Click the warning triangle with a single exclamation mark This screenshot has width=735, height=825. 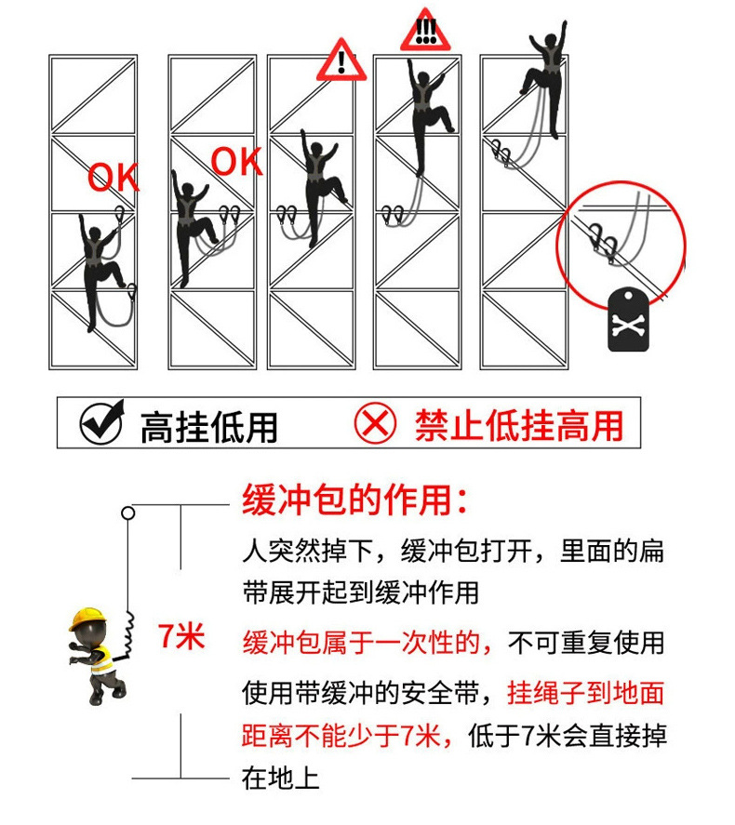point(341,60)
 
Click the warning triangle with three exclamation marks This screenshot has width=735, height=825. point(425,31)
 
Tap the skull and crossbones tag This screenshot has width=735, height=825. point(628,320)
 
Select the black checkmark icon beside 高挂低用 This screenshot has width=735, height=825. point(102,421)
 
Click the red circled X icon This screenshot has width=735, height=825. point(375,422)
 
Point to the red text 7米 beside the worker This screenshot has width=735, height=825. point(181,635)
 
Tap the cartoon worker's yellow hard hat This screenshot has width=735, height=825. point(87,619)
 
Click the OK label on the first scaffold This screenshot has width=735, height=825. point(114,177)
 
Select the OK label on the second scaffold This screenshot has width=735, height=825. point(236,161)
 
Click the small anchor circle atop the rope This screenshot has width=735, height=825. point(127,512)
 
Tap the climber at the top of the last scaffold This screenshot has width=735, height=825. point(545,79)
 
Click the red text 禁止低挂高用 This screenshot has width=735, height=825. point(519,425)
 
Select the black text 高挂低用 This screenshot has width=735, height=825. point(209,427)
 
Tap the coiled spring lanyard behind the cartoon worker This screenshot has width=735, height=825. point(127,633)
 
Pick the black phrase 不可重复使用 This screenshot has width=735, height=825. point(586,643)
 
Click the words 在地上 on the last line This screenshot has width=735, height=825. point(280,778)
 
